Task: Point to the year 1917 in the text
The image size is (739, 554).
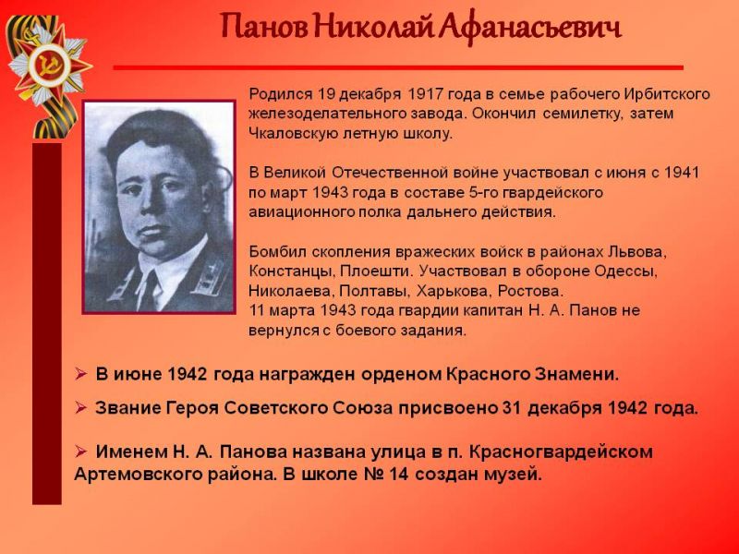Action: pos(425,94)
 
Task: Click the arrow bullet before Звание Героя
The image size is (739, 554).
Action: pos(81,407)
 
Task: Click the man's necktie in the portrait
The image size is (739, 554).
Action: pos(151,290)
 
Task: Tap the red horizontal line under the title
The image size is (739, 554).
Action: pos(398,67)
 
